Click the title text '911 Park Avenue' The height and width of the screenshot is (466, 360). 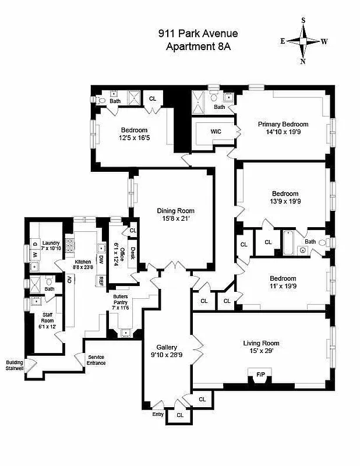(198, 34)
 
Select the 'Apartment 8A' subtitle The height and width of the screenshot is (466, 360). (198, 47)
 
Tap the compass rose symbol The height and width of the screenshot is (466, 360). (303, 41)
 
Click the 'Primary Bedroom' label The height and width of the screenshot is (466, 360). (283, 124)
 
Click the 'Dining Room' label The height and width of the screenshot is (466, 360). (175, 211)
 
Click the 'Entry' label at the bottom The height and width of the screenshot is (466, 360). (158, 414)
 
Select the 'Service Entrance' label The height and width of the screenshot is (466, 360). (96, 360)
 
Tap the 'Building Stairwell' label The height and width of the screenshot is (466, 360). (15, 365)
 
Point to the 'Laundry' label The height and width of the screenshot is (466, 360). (51, 243)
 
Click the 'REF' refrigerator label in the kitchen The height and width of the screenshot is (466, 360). (101, 281)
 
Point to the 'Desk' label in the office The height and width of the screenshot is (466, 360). (133, 254)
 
